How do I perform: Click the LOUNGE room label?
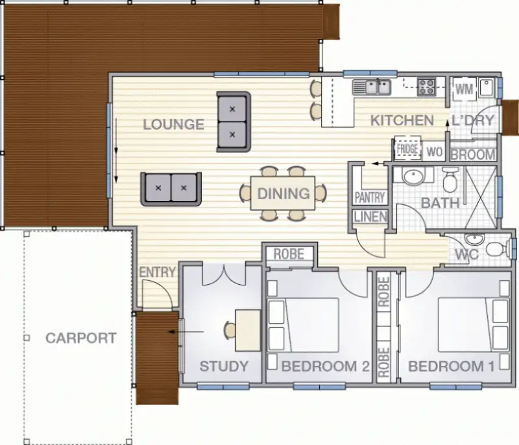[174, 124]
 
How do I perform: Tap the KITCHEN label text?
[402, 120]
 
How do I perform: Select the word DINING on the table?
[283, 193]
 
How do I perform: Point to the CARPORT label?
[81, 338]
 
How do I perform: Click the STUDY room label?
[224, 366]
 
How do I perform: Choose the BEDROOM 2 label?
[326, 367]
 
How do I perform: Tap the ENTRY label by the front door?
[158, 272]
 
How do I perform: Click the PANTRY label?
[370, 197]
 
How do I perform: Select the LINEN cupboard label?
[371, 218]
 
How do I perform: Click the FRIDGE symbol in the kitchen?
[407, 149]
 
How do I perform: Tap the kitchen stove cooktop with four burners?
[426, 86]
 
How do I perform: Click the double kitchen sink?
[372, 86]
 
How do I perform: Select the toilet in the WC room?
[497, 249]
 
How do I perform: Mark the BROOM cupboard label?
[473, 155]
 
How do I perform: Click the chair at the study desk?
[230, 331]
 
